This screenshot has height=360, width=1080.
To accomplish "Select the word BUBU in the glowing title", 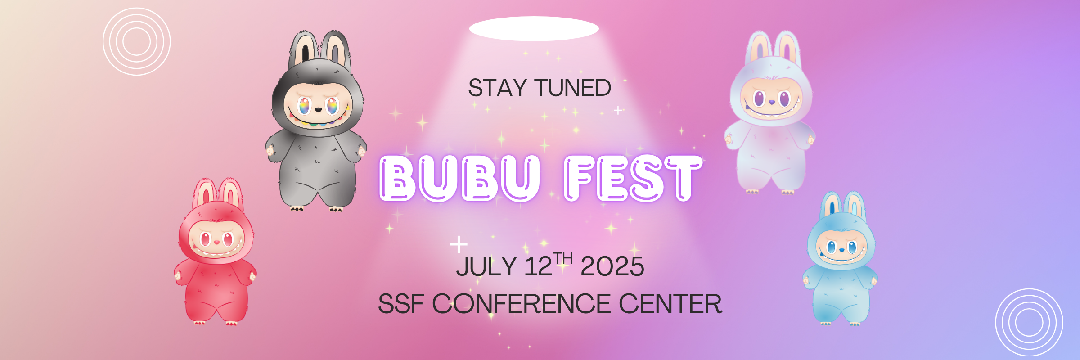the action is pyautogui.click(x=459, y=178).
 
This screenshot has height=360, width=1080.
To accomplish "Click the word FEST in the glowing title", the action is pyautogui.click(x=633, y=178).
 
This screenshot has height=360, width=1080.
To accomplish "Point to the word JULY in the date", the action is pyautogui.click(x=486, y=266).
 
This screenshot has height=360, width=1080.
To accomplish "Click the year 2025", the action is pyautogui.click(x=612, y=266).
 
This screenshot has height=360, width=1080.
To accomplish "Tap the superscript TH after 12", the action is pyautogui.click(x=563, y=258).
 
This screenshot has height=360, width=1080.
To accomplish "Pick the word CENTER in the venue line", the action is pyautogui.click(x=670, y=304).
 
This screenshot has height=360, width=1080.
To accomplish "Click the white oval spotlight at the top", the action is pyautogui.click(x=534, y=29).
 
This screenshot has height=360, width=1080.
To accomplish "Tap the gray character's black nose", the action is pyautogui.click(x=318, y=109).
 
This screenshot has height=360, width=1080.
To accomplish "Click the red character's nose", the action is pyautogui.click(x=216, y=242).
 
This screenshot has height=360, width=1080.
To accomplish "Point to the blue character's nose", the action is pyautogui.click(x=841, y=250).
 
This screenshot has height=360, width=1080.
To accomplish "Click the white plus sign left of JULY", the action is pyautogui.click(x=459, y=244).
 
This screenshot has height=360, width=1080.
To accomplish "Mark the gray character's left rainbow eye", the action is pyautogui.click(x=305, y=106).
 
